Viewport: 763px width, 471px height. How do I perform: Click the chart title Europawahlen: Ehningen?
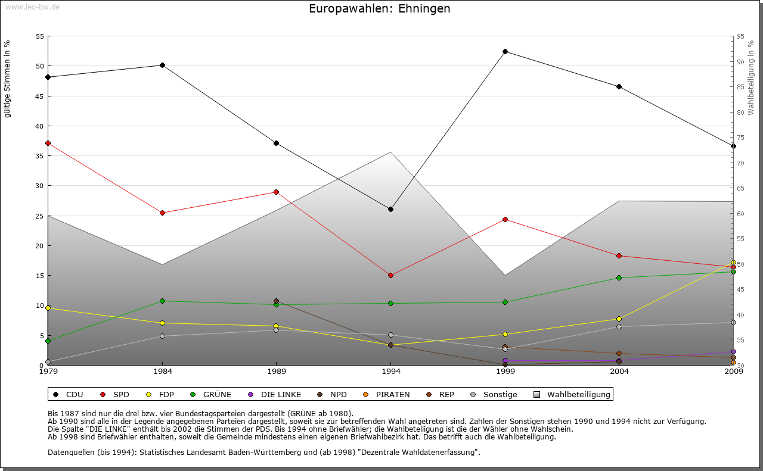click(380, 9)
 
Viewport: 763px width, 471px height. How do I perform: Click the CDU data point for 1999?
click(505, 51)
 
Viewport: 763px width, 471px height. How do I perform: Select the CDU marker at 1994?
click(390, 209)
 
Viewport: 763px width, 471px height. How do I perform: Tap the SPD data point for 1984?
click(162, 213)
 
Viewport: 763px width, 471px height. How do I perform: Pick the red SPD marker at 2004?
click(619, 255)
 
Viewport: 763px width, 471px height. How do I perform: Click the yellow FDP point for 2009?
click(733, 262)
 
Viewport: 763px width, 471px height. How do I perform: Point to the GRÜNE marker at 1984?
click(162, 301)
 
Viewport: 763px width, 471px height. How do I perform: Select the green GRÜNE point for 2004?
click(619, 277)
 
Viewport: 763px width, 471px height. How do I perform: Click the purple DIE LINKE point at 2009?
click(733, 351)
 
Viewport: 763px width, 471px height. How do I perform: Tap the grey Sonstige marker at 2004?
click(619, 326)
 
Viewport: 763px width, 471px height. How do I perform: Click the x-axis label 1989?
click(277, 372)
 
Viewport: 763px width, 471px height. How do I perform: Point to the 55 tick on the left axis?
click(40, 36)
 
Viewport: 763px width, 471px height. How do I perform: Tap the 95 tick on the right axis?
click(740, 36)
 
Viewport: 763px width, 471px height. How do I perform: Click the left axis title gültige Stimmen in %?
click(8, 79)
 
